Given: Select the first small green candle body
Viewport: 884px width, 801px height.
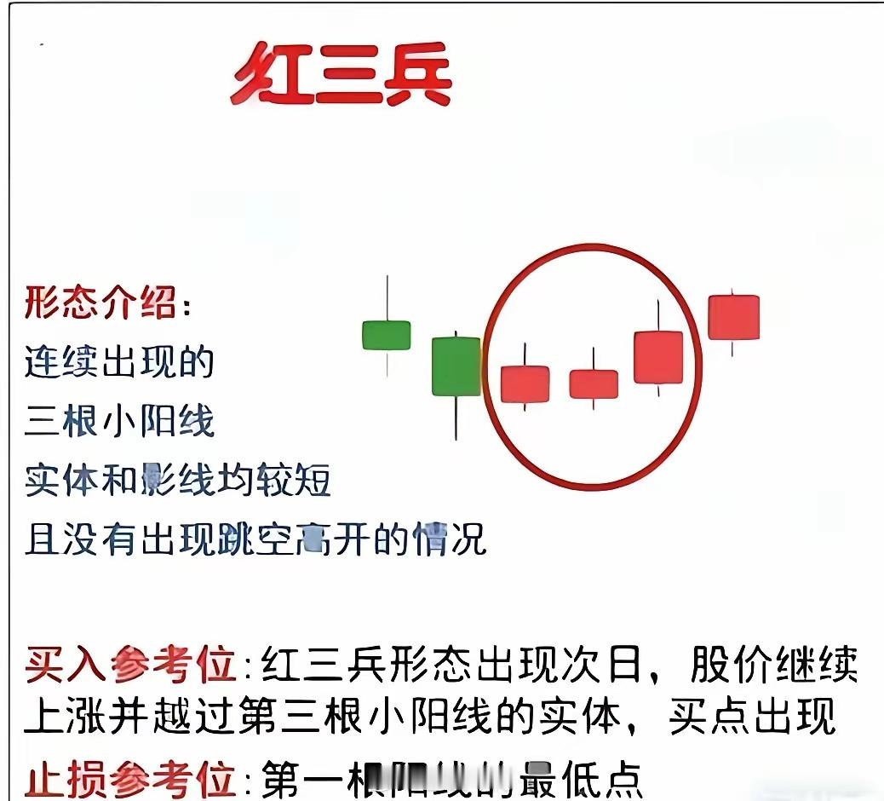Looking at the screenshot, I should (387, 335).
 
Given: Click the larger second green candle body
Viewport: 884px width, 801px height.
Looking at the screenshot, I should (456, 366).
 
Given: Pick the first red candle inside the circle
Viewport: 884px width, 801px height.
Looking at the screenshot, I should (525, 383).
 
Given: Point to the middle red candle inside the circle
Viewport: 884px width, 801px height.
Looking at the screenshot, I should (594, 384).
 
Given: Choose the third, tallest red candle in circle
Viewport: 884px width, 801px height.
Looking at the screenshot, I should (658, 357).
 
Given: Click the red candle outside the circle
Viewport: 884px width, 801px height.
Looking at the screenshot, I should (733, 317).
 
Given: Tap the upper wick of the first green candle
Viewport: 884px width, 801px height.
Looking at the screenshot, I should (387, 297).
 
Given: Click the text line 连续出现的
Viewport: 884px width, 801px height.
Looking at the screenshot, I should (118, 361).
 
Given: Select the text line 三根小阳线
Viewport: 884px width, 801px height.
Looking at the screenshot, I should (119, 421).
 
